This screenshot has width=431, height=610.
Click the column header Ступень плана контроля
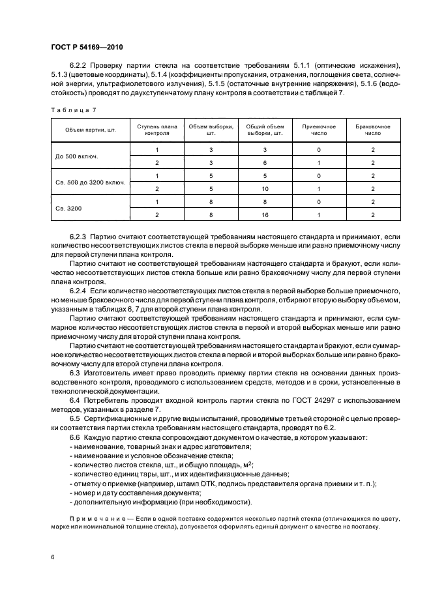156,131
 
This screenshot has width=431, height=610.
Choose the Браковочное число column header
372,131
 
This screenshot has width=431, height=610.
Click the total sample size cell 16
265,214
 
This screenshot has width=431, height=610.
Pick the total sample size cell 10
265,188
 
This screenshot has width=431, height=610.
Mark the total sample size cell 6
265,163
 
